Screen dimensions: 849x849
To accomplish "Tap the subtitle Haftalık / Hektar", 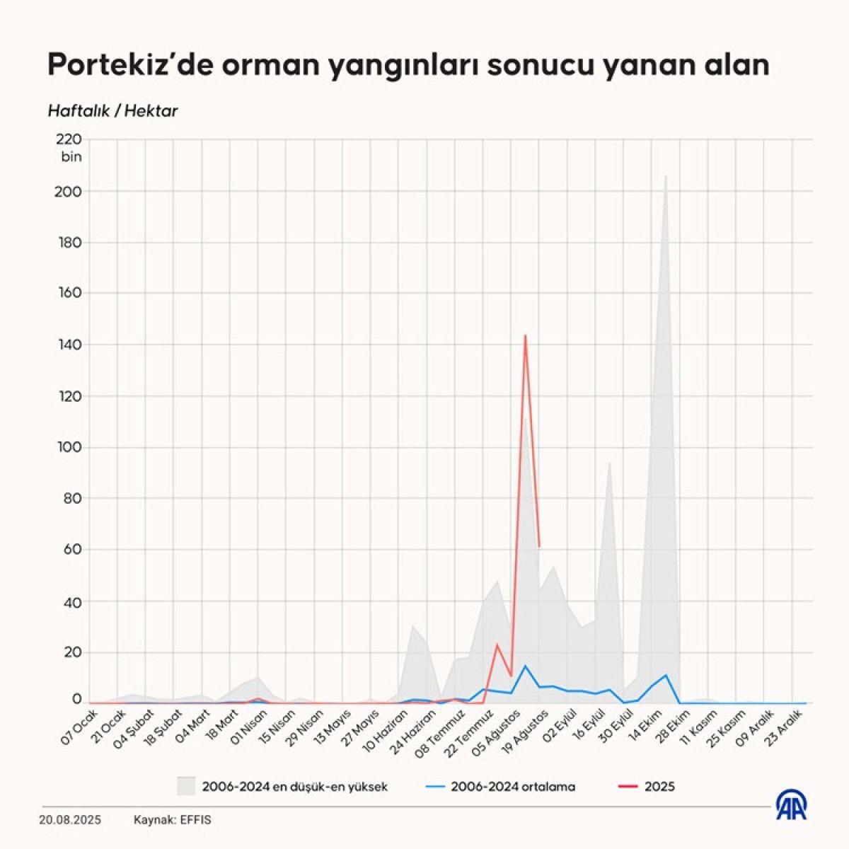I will (x=112, y=111).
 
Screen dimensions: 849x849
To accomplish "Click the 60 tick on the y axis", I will (x=73, y=550).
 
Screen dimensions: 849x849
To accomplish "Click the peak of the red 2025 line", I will (x=525, y=335).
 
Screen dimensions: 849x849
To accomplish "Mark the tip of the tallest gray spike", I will (x=666, y=176).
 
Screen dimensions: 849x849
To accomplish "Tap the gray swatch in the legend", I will (x=186, y=786).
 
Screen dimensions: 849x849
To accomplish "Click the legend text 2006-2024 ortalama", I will (x=513, y=786).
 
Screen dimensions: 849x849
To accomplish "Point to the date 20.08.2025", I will (x=70, y=821).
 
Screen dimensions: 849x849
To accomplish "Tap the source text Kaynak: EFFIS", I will (x=173, y=821).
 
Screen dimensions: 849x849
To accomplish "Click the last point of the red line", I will (x=539, y=546).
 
